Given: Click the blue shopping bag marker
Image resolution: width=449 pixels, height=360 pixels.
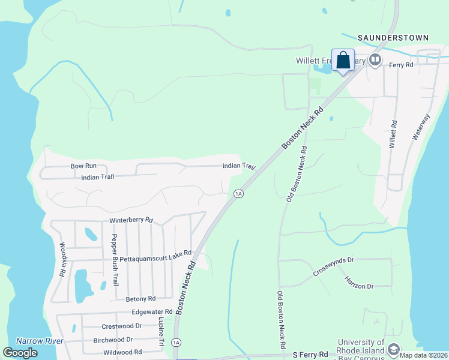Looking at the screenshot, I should pos(343,61).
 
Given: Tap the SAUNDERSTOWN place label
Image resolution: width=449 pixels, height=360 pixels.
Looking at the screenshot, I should pos(393,38).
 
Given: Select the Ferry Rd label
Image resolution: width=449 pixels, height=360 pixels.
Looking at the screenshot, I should pos(402,65).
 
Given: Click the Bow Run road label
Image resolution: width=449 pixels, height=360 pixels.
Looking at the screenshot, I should pos(83,166).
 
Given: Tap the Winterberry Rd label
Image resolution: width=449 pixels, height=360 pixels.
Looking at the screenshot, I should pos(131,221).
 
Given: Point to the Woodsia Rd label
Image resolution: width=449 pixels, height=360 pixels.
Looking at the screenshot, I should pos(62,259).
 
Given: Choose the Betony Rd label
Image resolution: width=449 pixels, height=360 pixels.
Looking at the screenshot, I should pos(141,298).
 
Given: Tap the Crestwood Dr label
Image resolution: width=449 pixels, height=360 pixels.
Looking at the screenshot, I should pos(122,326).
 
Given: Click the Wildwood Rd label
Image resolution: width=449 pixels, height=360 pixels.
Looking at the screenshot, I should pos(122,352).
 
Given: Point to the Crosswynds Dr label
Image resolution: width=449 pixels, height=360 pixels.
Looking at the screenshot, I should pos(334,268).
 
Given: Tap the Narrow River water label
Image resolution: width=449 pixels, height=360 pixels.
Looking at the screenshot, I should pos(40,341).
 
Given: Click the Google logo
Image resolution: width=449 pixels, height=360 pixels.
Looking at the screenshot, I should pos(20,353).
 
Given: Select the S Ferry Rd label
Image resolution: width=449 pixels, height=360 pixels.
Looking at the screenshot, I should pos(310,355).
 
